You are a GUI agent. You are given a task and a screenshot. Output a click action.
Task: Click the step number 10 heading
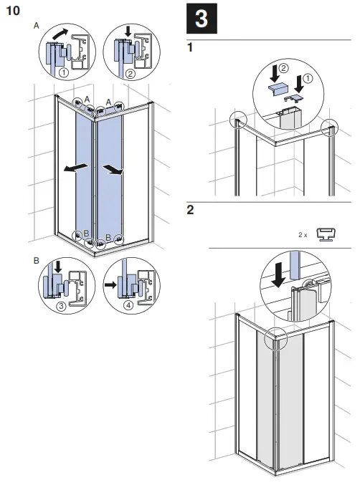pos(12,11)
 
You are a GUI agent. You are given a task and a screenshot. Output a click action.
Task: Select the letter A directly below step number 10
pos(37,25)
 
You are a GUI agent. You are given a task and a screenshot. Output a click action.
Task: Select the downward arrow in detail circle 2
pos(128,32)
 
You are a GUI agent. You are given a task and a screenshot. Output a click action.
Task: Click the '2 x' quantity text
pos(303,235)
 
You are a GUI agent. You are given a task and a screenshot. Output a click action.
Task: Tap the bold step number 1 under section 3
pos(190,48)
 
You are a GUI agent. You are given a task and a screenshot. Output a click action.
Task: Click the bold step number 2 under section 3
pos(190,210)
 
